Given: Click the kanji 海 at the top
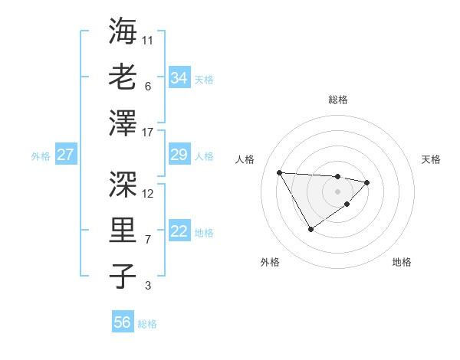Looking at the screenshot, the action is pyautogui.click(x=123, y=31).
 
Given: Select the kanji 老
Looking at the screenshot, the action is pyautogui.click(x=123, y=77).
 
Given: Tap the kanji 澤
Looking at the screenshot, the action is pyautogui.click(x=123, y=123).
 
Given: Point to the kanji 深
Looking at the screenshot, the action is pyautogui.click(x=123, y=184).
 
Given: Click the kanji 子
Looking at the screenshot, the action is pyautogui.click(x=123, y=276).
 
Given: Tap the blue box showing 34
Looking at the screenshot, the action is pyautogui.click(x=179, y=78).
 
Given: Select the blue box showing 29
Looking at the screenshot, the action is pyautogui.click(x=179, y=155).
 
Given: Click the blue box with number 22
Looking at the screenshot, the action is pyautogui.click(x=179, y=232).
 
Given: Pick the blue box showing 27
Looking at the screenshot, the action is pyautogui.click(x=65, y=155).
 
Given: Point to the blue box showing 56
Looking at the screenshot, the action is pyautogui.click(x=122, y=322).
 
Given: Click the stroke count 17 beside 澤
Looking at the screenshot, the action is pyautogui.click(x=148, y=133).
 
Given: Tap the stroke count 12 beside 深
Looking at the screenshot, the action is pyautogui.click(x=148, y=193).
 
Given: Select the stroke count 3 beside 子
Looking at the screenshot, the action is pyautogui.click(x=147, y=286).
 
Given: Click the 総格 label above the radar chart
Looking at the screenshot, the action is pyautogui.click(x=338, y=100).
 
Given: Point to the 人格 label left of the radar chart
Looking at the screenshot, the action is pyautogui.click(x=245, y=159).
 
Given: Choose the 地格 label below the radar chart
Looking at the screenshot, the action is pyautogui.click(x=402, y=262).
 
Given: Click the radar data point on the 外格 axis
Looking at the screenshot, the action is pyautogui.click(x=310, y=229).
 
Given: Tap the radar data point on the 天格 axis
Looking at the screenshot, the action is pyautogui.click(x=367, y=182).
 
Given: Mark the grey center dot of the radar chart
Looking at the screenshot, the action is pyautogui.click(x=337, y=191).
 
